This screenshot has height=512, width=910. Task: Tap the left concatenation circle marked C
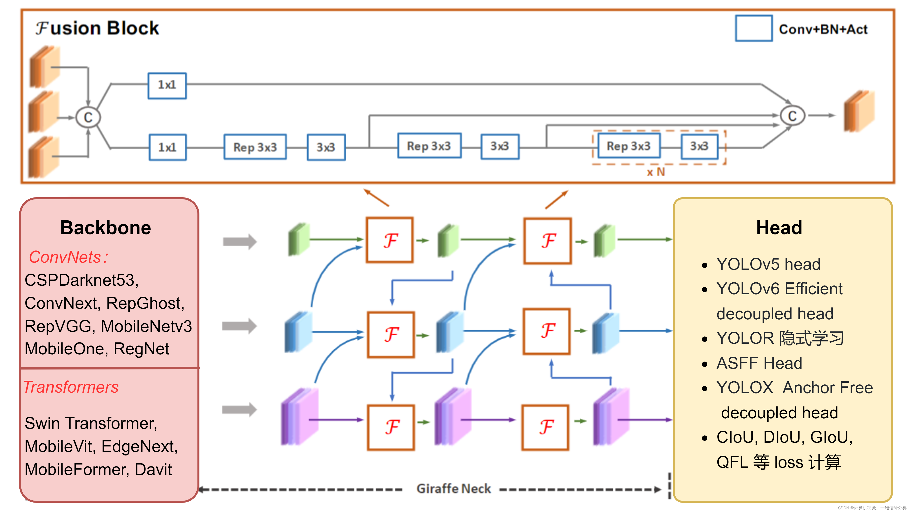[88, 117]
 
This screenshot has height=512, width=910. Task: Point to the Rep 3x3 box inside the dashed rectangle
[628, 146]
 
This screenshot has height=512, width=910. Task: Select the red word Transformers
[71, 387]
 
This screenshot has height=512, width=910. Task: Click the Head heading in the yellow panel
[779, 228]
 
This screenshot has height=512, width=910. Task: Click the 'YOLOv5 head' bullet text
[768, 264]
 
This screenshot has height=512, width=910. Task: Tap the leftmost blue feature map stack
[298, 332]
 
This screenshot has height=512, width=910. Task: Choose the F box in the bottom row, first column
[391, 427]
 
